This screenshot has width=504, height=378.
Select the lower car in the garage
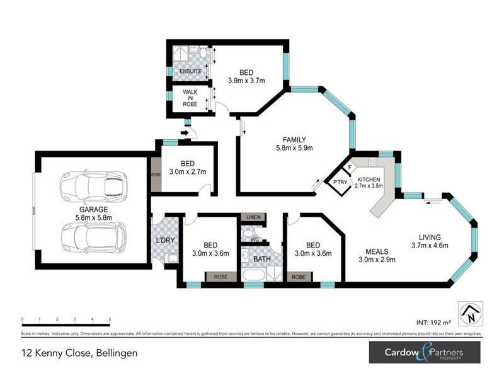(x=93, y=238)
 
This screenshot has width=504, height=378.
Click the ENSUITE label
(x=190, y=71)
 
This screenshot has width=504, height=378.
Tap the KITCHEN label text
(x=369, y=180)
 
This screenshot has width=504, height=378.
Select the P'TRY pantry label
(x=341, y=183)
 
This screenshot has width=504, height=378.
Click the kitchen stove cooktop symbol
(x=373, y=162)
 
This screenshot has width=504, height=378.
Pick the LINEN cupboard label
(x=253, y=217)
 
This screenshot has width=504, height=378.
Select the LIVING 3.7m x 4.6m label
(x=430, y=241)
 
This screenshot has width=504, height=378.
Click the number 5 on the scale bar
(x=110, y=319)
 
